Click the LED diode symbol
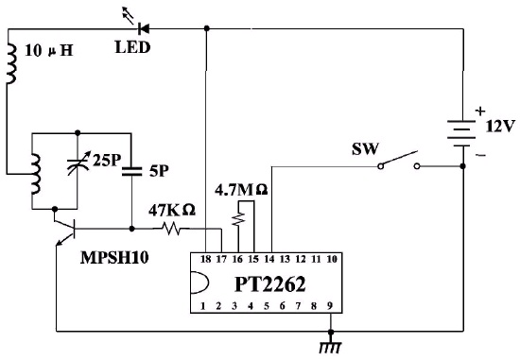144,29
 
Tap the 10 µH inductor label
49,51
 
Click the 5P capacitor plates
131,171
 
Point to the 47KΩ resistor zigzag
171,229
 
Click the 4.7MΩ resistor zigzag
238,219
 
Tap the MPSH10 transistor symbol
65,229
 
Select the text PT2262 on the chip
269,284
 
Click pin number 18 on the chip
205,259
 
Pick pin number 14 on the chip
269,259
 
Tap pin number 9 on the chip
330,305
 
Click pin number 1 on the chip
203,306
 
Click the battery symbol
463,133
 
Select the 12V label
500,127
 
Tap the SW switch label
365,149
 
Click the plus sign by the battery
480,111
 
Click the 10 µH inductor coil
11,63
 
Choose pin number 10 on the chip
332,259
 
